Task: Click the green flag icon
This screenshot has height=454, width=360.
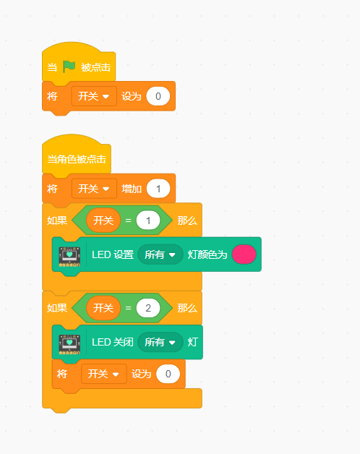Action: pyautogui.click(x=69, y=67)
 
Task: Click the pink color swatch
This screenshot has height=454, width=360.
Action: pyautogui.click(x=244, y=254)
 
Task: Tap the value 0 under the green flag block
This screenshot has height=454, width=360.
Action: pyautogui.click(x=158, y=96)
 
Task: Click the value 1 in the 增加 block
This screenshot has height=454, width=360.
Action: pyautogui.click(x=158, y=189)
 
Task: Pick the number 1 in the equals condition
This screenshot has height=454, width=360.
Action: pyautogui.click(x=148, y=220)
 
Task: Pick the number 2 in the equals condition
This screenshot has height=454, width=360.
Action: pyautogui.click(x=148, y=308)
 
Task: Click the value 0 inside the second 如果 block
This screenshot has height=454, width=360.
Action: pyautogui.click(x=168, y=374)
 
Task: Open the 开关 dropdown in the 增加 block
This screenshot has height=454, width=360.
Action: pyautogui.click(x=94, y=189)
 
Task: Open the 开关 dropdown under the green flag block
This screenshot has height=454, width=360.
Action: pyautogui.click(x=94, y=96)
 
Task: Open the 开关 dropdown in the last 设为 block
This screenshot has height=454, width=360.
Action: pyautogui.click(x=104, y=374)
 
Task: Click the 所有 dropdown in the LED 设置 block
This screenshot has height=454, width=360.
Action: pyautogui.click(x=160, y=254)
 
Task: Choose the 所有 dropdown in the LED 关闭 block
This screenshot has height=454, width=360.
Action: pyautogui.click(x=160, y=342)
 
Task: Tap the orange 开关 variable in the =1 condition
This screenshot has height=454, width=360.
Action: pyautogui.click(x=103, y=220)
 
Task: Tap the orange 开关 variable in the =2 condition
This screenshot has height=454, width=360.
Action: pyautogui.click(x=103, y=308)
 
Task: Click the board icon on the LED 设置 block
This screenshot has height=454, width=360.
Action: pyautogui.click(x=69, y=257)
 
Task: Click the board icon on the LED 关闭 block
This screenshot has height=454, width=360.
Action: pyautogui.click(x=69, y=344)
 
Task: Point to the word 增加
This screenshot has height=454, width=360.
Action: pyautogui.click(x=132, y=189)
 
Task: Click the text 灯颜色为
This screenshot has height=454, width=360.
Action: pyautogui.click(x=207, y=254)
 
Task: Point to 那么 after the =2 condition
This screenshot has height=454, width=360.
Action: pyautogui.click(x=187, y=308)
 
